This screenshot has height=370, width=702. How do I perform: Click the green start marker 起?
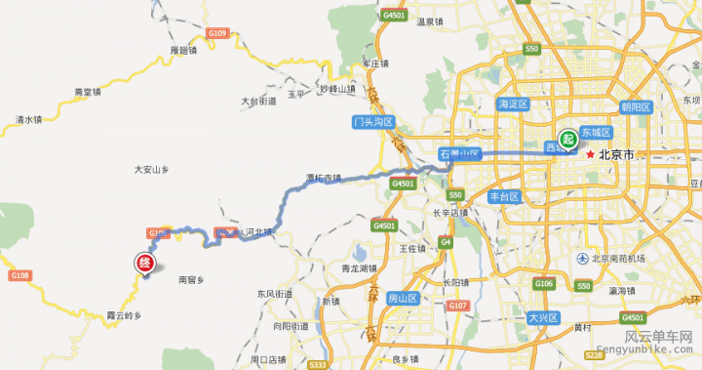[x=567, y=140]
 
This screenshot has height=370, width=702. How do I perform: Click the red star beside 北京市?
[x=590, y=153]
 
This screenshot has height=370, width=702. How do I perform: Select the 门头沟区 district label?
[x=372, y=122]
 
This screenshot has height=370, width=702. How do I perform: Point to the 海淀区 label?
[x=512, y=103]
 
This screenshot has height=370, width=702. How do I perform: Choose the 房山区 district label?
[x=403, y=297]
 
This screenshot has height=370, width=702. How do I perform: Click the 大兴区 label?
[x=541, y=318]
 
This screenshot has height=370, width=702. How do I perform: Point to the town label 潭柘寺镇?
[x=324, y=178]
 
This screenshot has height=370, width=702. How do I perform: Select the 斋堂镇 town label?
[x=88, y=92]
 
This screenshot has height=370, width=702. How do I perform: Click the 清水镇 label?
[x=29, y=120]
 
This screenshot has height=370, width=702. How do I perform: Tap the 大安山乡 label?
[x=152, y=170]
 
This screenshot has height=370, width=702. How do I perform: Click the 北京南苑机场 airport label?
[x=617, y=258]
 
